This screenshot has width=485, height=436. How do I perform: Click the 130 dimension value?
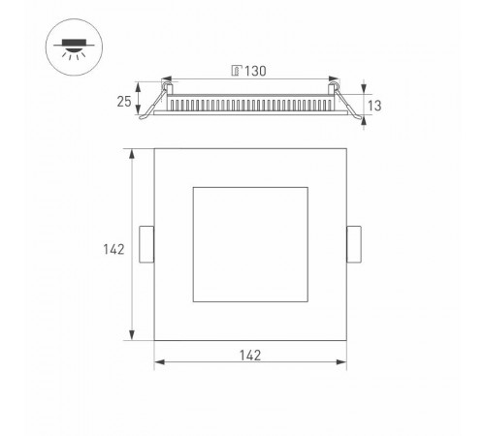pos(256,70)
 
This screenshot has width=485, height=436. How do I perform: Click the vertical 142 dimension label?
pos(113,250)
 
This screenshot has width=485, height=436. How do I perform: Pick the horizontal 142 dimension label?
pos(250,355)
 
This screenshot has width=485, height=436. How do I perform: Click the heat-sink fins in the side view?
pos(250,103)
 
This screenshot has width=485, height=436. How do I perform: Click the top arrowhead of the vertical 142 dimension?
pos(132,152)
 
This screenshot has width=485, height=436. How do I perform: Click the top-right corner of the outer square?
pos(345,148)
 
